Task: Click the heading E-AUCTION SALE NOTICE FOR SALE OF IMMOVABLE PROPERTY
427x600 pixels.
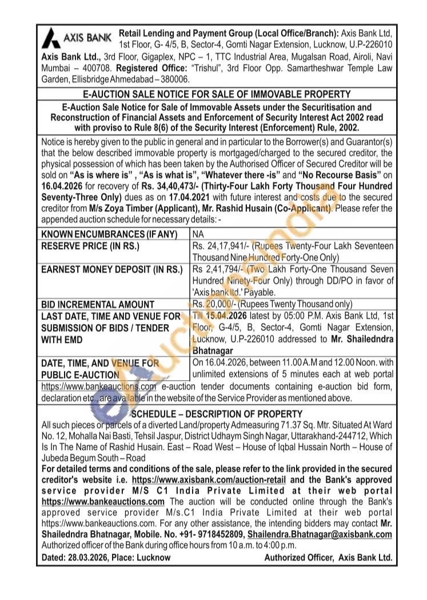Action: (x=213, y=94)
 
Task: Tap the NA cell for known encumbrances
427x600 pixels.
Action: (x=198, y=234)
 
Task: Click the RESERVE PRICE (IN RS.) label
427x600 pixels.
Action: (x=90, y=246)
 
